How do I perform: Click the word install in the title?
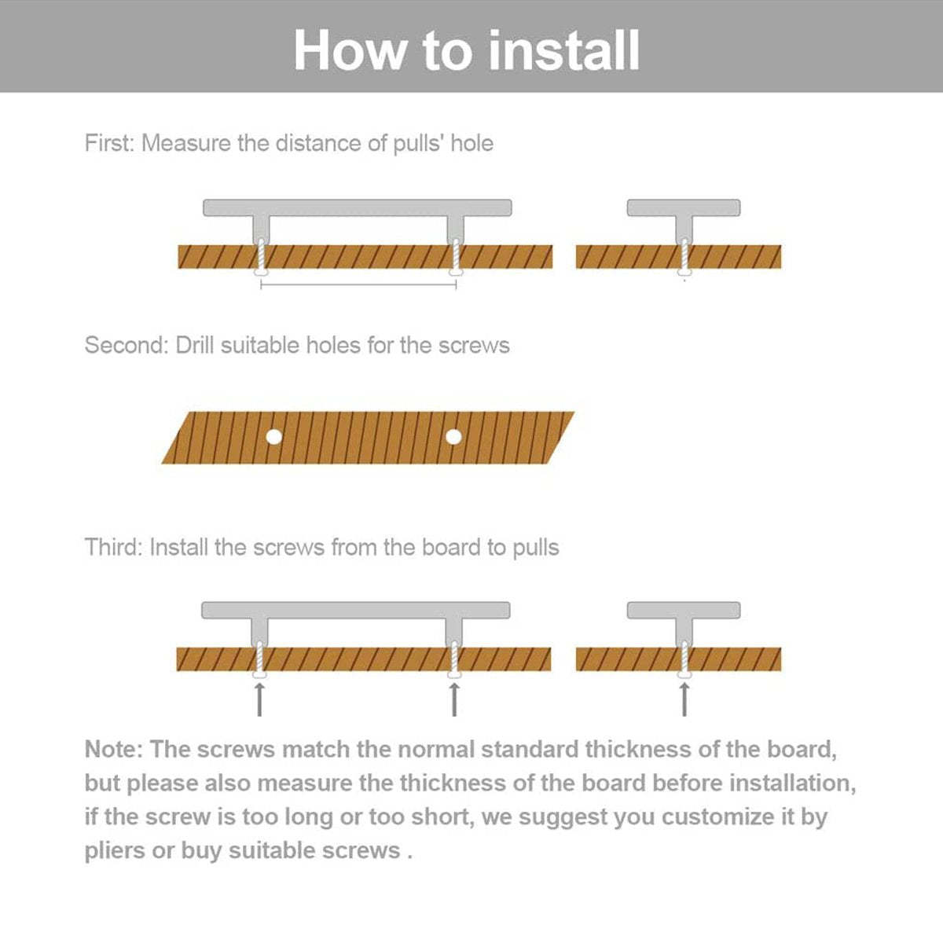[x=563, y=50]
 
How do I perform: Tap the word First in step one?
[x=109, y=144]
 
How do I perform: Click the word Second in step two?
[x=126, y=346]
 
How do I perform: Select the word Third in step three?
[x=113, y=548]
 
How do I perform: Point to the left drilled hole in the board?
[x=273, y=436]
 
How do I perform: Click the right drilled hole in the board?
[x=453, y=436]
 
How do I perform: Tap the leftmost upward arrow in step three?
[x=260, y=699]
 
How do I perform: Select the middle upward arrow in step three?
[x=454, y=699]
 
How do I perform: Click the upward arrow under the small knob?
[x=684, y=699]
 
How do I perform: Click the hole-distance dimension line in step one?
[x=358, y=285]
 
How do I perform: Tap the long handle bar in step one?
[x=358, y=207]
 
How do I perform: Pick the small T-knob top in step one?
[x=684, y=207]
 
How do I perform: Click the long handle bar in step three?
[x=356, y=610]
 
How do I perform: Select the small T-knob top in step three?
[x=684, y=610]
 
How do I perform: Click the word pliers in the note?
[x=115, y=851]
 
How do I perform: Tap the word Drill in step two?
[x=194, y=346]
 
